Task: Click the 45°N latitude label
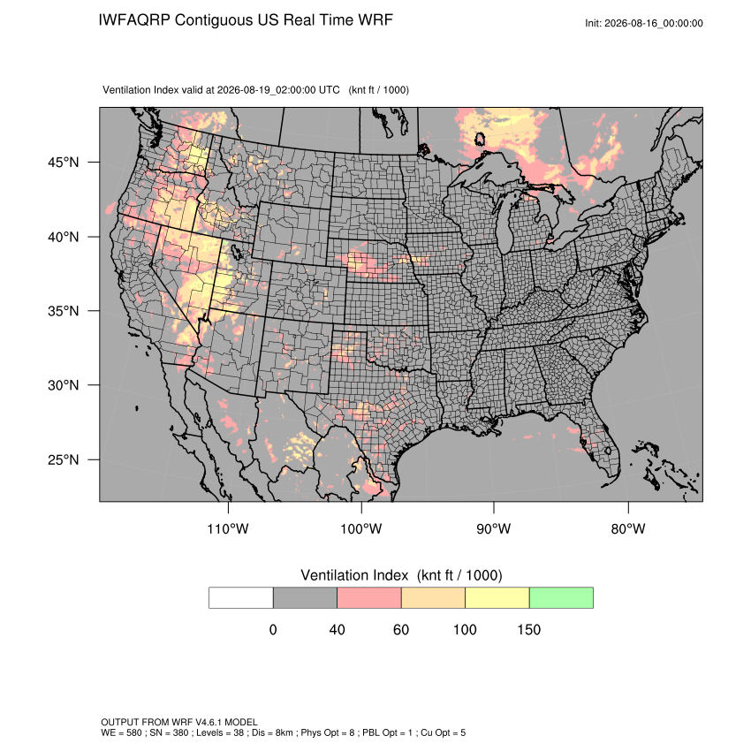(x=64, y=163)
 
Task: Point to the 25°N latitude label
(x=64, y=459)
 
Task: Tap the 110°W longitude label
(x=228, y=528)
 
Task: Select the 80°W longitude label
(x=628, y=528)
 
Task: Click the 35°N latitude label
(x=64, y=311)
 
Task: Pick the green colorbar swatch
(x=561, y=598)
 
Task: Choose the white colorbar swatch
(x=241, y=598)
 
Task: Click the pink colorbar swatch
(x=369, y=598)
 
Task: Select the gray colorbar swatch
(x=305, y=598)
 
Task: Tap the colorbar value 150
(x=528, y=629)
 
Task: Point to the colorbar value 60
(x=401, y=629)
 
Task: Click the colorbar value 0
(x=273, y=629)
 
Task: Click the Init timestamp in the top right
(x=644, y=23)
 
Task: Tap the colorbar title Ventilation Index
(x=354, y=575)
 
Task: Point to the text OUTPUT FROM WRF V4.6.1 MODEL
(x=179, y=722)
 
